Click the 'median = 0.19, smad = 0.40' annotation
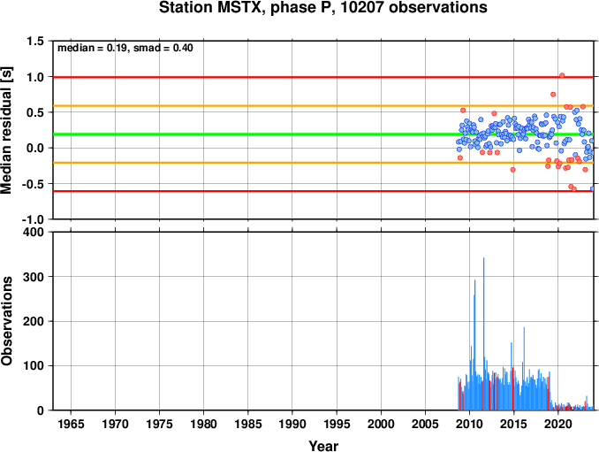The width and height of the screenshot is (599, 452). pyautogui.click(x=125, y=48)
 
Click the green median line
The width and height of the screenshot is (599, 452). pyautogui.click(x=323, y=134)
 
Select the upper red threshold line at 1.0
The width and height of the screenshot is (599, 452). pyautogui.click(x=323, y=77)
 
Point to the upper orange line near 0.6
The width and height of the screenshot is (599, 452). pyautogui.click(x=323, y=106)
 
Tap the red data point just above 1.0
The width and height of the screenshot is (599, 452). pyautogui.click(x=562, y=75)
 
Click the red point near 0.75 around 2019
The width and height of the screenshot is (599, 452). pyautogui.click(x=553, y=95)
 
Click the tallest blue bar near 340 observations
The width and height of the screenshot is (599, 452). pyautogui.click(x=483, y=333)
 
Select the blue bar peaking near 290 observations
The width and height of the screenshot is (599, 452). pyautogui.click(x=474, y=345)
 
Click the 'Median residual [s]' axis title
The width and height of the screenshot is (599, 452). pyautogui.click(x=6, y=130)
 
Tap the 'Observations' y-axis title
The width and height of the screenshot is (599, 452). pyautogui.click(x=6, y=321)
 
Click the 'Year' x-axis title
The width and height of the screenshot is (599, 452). pyautogui.click(x=323, y=446)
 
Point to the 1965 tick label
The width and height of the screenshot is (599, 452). pyautogui.click(x=71, y=424)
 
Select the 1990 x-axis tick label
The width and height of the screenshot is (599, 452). pyautogui.click(x=292, y=424)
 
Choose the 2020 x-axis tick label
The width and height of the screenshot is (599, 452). pyautogui.click(x=558, y=424)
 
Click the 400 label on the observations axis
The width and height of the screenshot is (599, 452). pyautogui.click(x=34, y=232)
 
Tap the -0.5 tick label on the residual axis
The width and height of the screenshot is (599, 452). pyautogui.click(x=33, y=184)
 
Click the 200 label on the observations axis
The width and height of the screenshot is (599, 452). pyautogui.click(x=34, y=321)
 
